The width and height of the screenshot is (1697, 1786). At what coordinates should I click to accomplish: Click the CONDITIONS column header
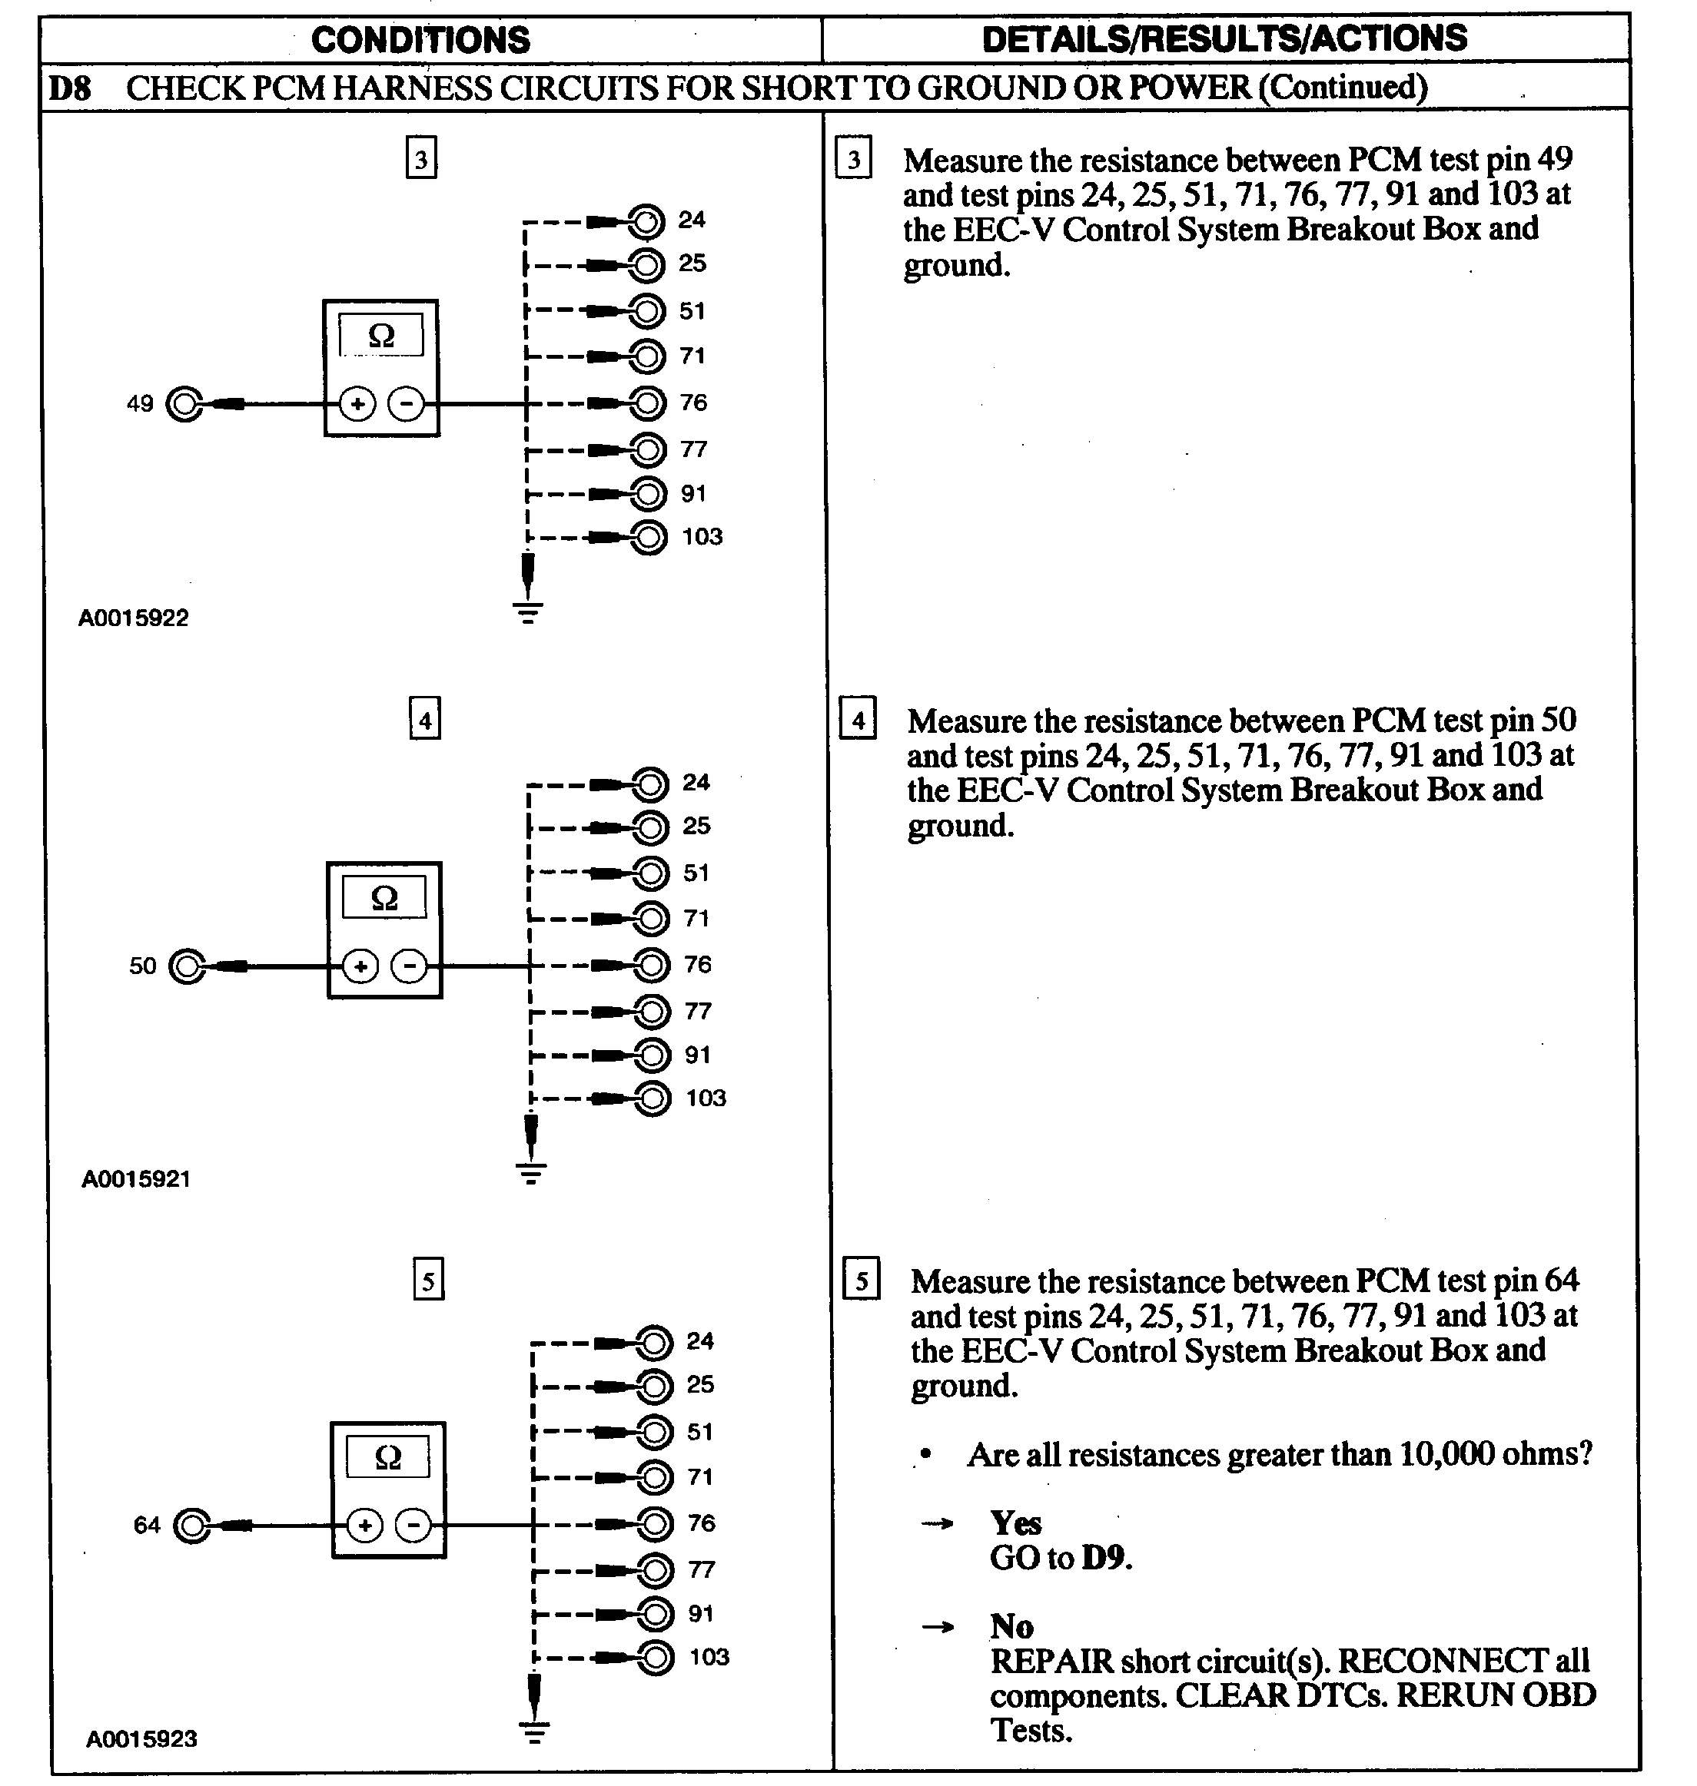[x=420, y=40]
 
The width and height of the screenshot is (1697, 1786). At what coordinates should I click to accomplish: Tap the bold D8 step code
[x=70, y=88]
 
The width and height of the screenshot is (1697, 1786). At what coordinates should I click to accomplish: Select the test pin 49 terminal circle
[x=185, y=404]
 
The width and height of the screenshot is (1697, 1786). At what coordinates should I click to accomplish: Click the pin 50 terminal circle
[x=188, y=966]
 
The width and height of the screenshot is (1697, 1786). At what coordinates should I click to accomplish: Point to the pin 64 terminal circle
[x=192, y=1526]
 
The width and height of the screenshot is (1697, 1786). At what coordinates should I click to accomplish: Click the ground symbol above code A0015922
[x=528, y=612]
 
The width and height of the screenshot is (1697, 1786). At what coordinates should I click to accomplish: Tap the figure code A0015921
[x=136, y=1179]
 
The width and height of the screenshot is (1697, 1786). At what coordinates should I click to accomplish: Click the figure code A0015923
[x=141, y=1739]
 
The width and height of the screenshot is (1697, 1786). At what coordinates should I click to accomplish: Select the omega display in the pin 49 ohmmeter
[x=382, y=336]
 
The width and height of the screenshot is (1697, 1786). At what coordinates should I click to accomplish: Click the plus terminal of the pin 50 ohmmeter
[x=360, y=966]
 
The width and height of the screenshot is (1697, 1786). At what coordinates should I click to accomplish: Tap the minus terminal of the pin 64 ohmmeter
[x=413, y=1526]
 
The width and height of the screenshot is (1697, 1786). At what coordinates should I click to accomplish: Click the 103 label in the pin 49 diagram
[x=702, y=537]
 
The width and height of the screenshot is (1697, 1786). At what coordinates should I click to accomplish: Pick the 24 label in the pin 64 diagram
[x=699, y=1341]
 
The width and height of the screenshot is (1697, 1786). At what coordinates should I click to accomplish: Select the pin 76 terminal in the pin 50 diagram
[x=650, y=965]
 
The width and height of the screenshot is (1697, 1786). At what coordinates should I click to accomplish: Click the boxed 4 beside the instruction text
[x=858, y=720]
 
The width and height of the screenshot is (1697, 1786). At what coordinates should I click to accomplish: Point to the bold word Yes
[x=1016, y=1525]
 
